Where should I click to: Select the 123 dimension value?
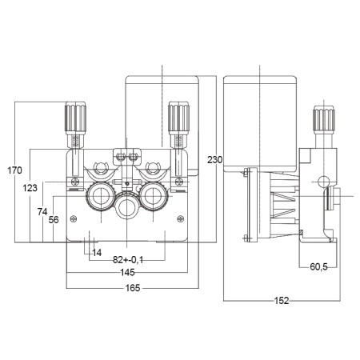coord(30,187)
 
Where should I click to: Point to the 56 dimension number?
coord(54,219)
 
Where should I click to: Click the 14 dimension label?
coord(98,254)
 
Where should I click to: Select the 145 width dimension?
coord(127,274)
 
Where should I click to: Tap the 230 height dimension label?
coord(214,160)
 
